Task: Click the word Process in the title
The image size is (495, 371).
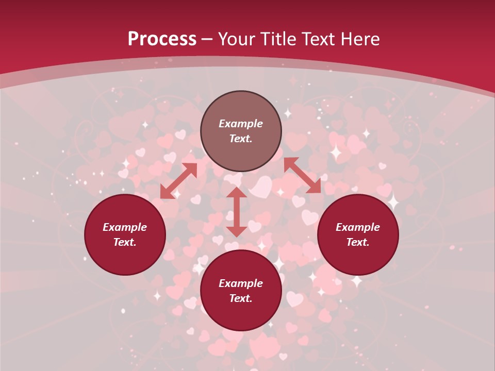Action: pos(162,39)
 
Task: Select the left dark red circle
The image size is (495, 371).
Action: pos(125,234)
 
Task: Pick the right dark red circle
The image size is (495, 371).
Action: pos(358,234)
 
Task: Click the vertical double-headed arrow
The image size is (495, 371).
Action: pos(237,212)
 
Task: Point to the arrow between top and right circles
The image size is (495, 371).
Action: pos(302,175)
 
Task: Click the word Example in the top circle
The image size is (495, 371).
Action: pos(241,124)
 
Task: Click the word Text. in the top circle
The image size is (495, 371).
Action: pos(241,139)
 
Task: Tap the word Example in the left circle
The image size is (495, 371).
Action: pos(125,227)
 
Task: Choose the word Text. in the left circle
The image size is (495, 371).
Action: pos(125,242)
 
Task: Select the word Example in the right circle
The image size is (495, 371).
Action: pos(358,227)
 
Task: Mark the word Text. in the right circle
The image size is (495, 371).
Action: pos(358,242)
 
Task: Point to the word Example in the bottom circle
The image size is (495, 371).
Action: pos(241,283)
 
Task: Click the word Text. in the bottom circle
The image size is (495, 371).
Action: pos(241,298)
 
